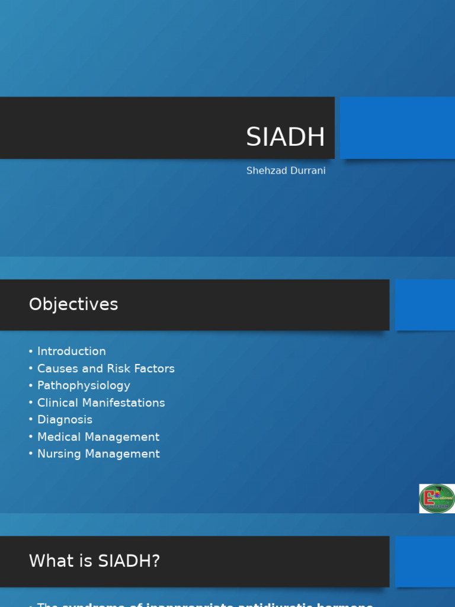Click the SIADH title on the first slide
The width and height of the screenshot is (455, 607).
click(286, 138)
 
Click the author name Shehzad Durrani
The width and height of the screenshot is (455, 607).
click(286, 171)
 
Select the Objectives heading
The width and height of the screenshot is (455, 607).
click(73, 305)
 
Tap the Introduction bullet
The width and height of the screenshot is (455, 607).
click(71, 352)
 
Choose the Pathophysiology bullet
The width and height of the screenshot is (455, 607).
click(84, 386)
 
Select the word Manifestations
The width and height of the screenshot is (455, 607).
click(124, 403)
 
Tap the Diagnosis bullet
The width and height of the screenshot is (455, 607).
click(65, 420)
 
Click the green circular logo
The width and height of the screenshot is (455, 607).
click(437, 499)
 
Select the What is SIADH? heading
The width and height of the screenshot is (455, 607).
click(94, 561)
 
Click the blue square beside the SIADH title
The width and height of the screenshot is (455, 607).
click(397, 128)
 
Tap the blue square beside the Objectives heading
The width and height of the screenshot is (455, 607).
click(425, 305)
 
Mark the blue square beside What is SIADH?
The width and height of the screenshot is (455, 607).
click(425, 561)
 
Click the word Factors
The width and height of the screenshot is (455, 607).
click(155, 369)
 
